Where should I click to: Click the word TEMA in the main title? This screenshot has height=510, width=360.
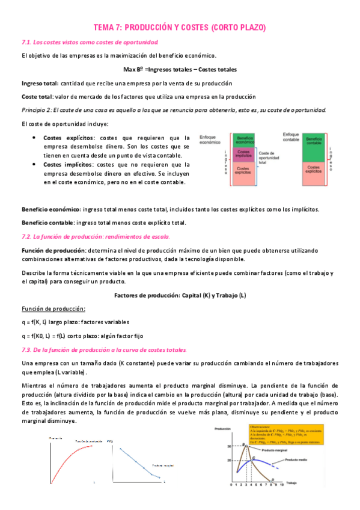click(106, 28)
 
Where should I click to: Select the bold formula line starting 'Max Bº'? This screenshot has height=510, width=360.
click(180, 69)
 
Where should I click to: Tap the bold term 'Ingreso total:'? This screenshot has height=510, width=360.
click(40, 83)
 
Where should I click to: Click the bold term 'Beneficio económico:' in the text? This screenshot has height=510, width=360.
click(50, 209)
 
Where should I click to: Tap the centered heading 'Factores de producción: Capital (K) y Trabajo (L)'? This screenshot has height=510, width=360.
click(180, 295)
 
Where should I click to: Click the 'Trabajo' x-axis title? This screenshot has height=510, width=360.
click(291, 483)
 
